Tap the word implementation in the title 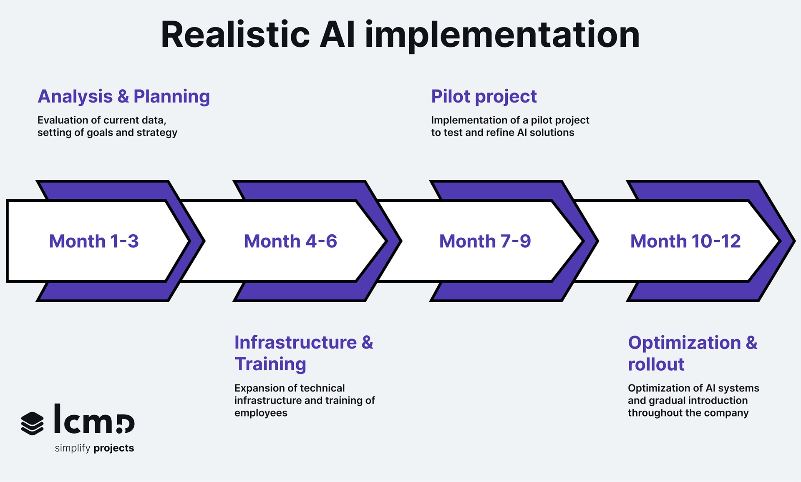click(502, 35)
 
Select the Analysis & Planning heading click(123, 96)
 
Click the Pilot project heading click(484, 96)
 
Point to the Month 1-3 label click(94, 241)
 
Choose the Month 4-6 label click(290, 241)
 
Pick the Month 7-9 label click(485, 241)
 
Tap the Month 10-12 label click(685, 241)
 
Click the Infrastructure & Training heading click(303, 353)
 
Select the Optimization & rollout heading click(692, 353)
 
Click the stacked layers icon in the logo click(32, 423)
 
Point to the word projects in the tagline click(113, 448)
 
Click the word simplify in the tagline click(73, 448)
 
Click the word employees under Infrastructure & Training click(261, 413)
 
